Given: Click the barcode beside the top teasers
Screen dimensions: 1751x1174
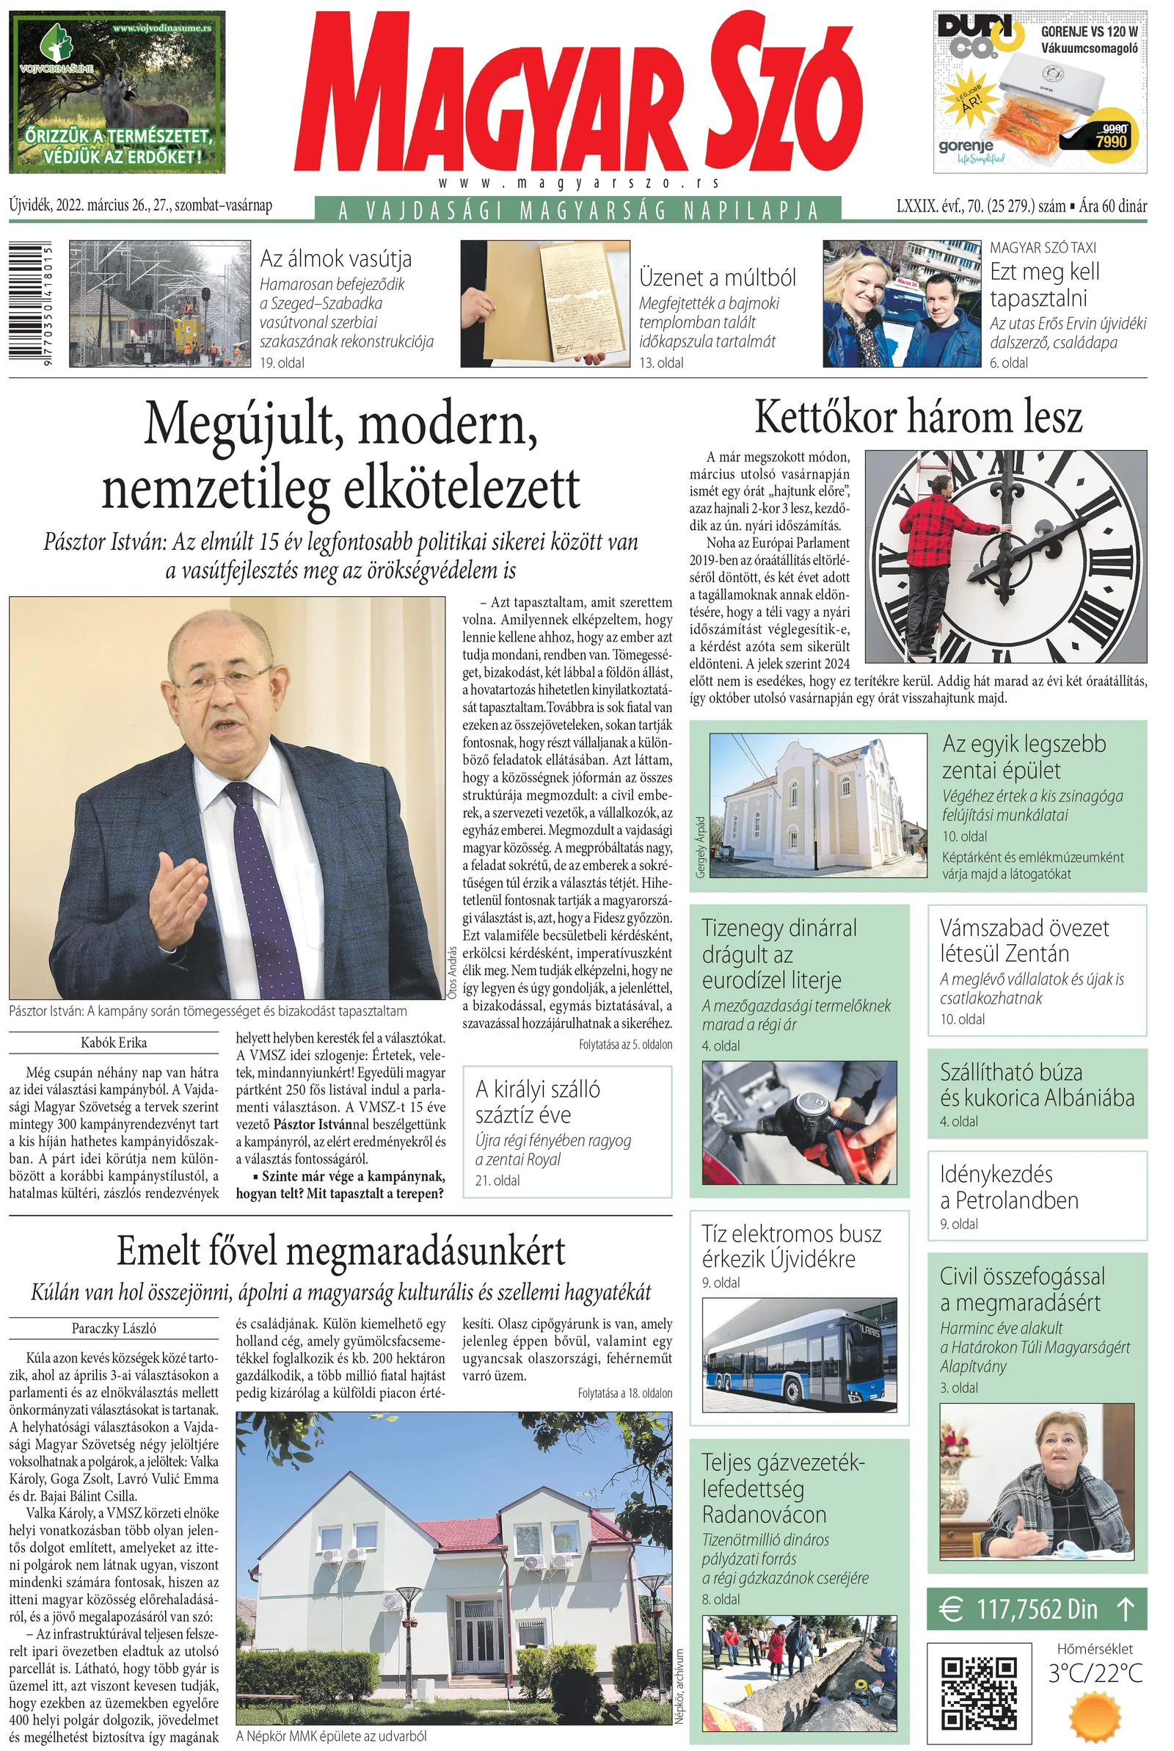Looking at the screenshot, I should click(x=30, y=303).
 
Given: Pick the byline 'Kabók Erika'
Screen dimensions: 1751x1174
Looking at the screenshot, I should click(x=114, y=1043).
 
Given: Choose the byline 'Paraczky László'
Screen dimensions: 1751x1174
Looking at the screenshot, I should click(x=114, y=1328).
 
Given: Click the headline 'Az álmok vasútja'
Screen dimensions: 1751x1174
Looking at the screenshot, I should click(x=335, y=259).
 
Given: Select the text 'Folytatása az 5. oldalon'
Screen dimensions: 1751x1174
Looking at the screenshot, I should click(x=625, y=1044).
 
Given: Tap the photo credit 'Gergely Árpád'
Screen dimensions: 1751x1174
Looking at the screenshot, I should click(x=701, y=846).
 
